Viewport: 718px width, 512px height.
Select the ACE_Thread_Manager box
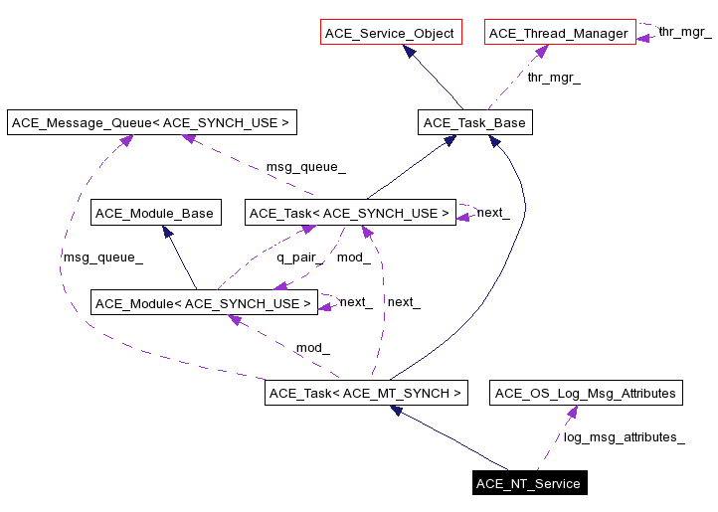(x=559, y=33)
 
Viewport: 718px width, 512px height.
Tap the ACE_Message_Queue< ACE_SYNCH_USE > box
(x=152, y=123)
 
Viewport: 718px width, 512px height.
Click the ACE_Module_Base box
(x=154, y=213)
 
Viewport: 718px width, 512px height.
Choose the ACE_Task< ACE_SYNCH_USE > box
(x=349, y=213)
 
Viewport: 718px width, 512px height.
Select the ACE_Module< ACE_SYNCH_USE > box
(x=204, y=303)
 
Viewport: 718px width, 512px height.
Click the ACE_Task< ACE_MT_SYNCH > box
(x=366, y=393)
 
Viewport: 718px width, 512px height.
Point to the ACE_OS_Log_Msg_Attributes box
(x=586, y=393)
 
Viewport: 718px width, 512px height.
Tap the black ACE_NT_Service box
(x=528, y=484)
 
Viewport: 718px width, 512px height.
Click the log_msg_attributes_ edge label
(x=624, y=436)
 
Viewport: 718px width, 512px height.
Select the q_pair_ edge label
(x=295, y=257)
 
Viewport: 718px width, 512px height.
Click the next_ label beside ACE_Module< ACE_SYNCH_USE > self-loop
(x=356, y=302)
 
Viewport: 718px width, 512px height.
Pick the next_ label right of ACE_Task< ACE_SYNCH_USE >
(x=493, y=213)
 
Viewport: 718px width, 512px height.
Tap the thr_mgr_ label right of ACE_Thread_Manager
(x=684, y=33)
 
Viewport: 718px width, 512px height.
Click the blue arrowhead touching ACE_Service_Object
(x=408, y=52)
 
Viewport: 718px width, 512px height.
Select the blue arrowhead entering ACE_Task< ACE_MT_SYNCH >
(x=397, y=411)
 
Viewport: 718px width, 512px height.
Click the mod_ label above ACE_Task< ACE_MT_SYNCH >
(x=312, y=348)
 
